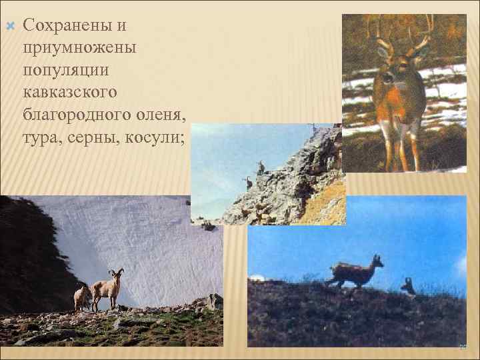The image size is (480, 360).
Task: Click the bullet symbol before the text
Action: point(9,25)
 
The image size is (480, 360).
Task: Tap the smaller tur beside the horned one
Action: point(82,297)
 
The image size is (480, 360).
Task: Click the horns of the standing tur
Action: point(117,272)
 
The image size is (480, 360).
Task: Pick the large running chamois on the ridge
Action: point(354,271)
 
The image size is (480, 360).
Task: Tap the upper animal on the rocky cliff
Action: point(261,167)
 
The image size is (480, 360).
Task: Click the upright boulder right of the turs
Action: point(215,302)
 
